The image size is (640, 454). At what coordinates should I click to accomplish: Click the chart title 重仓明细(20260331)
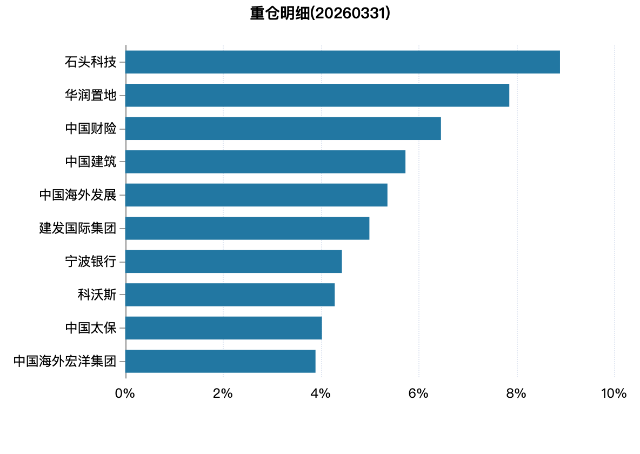point(320,14)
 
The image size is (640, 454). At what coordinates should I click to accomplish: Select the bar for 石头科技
point(343,62)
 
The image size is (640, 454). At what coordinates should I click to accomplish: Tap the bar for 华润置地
point(317,95)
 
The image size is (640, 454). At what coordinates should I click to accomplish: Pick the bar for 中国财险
point(283,129)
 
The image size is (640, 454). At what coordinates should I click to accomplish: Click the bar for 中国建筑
point(266,162)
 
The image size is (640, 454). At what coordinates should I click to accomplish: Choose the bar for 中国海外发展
point(257,195)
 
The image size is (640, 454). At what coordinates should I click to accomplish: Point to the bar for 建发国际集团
point(248,228)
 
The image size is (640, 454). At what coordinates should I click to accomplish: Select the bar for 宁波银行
point(234,261)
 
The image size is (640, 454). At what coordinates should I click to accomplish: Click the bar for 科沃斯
point(230,295)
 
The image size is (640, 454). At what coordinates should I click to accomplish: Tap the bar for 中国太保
point(224,328)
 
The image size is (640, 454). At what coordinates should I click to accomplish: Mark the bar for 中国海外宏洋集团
point(221,361)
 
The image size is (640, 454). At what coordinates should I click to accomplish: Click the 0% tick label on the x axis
point(125,393)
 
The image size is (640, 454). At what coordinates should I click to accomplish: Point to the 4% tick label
point(321,393)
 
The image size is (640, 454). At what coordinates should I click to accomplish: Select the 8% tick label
point(516,393)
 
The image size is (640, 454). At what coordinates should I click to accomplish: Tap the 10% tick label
point(614,393)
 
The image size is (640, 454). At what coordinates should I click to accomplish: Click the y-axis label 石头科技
point(91,62)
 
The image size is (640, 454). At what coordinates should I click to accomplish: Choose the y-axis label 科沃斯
point(97,295)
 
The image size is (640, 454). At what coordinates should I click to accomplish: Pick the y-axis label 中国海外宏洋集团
point(65,361)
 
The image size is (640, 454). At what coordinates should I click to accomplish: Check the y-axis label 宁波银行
point(91,261)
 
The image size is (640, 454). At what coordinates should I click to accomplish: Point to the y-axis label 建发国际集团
point(78,228)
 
